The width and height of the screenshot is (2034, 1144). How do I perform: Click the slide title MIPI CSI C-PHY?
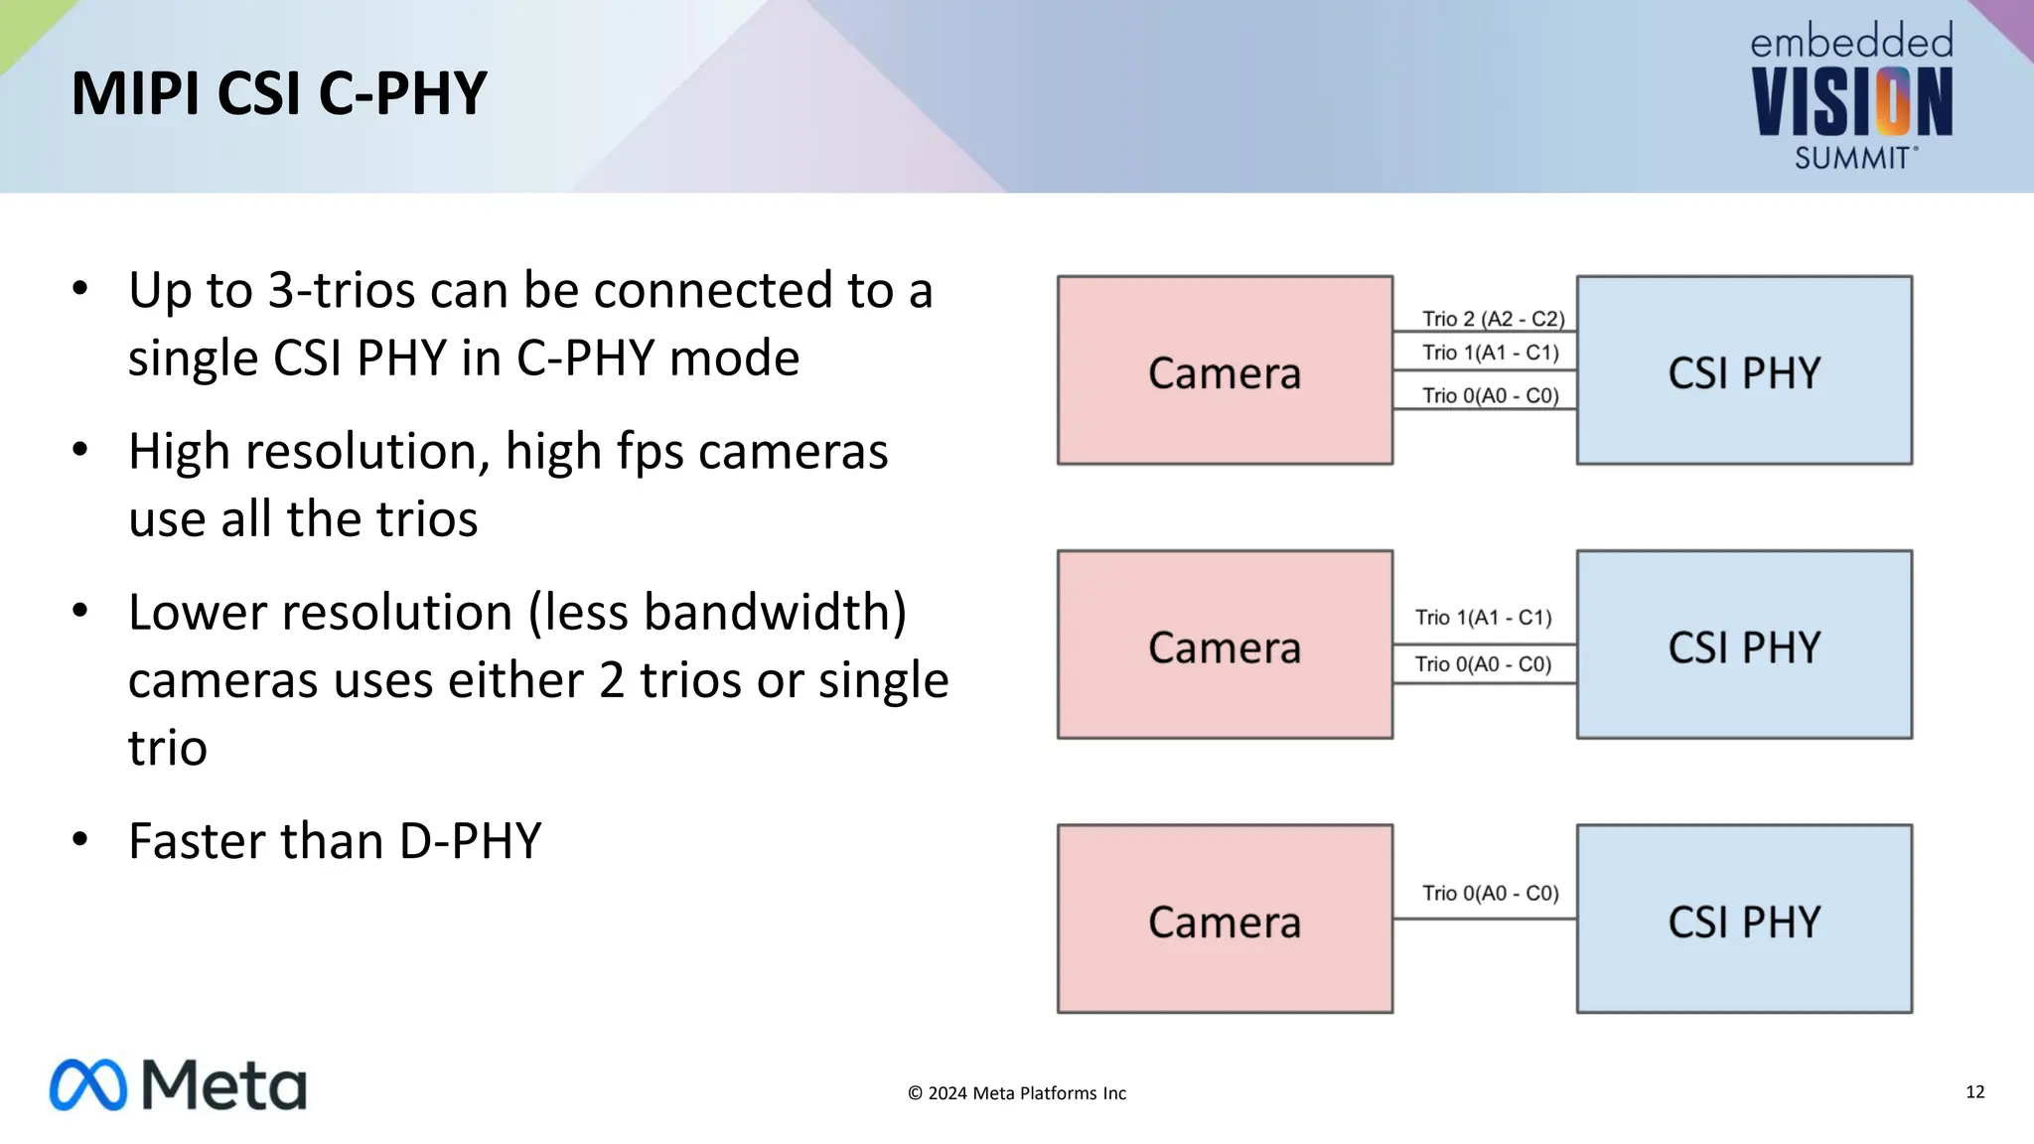point(279,94)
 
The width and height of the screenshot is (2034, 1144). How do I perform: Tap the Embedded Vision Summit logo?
point(1851,97)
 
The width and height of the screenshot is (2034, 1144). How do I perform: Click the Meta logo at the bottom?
point(179,1084)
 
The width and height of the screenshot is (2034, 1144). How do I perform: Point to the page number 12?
point(1974,1092)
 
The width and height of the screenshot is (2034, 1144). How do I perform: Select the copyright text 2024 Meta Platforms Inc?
point(1017,1093)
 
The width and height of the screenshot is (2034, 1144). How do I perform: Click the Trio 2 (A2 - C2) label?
point(1493,319)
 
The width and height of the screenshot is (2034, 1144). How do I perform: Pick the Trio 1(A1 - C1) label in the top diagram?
point(1490,353)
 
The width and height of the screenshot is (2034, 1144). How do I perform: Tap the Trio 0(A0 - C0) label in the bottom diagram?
point(1490,893)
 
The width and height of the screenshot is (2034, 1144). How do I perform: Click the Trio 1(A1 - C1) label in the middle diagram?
point(1483,618)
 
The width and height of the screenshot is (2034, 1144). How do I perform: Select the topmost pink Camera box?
point(1225,370)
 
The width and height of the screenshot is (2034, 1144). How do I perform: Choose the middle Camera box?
point(1225,644)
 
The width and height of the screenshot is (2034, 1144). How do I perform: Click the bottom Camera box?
point(1225,919)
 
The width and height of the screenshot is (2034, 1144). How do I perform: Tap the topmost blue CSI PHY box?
point(1744,370)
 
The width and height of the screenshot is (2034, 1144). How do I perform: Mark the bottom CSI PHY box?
point(1744,919)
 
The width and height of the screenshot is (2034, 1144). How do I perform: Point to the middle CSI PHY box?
point(1744,644)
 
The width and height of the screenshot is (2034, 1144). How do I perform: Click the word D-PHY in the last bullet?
point(470,841)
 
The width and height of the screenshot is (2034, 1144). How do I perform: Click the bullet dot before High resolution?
point(80,450)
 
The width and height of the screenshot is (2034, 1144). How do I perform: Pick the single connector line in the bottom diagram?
point(1485,919)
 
